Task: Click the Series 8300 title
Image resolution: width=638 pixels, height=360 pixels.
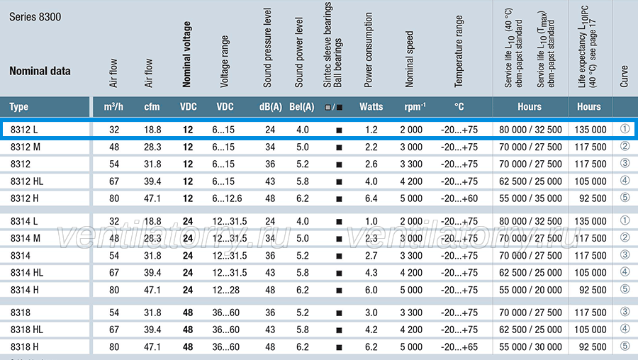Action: click(x=35, y=17)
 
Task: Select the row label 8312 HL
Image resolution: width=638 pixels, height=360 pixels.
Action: click(x=27, y=181)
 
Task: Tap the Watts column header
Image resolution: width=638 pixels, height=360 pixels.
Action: click(x=371, y=106)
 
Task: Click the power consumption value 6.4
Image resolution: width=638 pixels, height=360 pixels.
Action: click(x=371, y=198)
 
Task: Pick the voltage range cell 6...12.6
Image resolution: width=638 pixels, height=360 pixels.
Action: click(x=227, y=198)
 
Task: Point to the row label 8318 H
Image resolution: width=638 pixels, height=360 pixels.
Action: click(x=24, y=347)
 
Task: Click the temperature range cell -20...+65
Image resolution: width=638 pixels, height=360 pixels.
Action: click(x=459, y=347)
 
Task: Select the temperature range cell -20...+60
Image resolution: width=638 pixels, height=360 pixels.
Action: click(x=459, y=198)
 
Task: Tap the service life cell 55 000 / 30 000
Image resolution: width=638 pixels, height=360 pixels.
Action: click(x=530, y=347)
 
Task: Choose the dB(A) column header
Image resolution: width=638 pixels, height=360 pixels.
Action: click(x=271, y=106)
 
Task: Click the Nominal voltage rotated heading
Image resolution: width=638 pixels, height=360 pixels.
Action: click(x=186, y=55)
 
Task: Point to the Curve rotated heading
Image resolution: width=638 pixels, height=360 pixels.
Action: click(x=624, y=76)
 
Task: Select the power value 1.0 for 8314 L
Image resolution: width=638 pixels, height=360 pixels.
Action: click(x=371, y=221)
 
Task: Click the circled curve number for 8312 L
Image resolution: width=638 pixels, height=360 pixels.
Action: click(x=625, y=129)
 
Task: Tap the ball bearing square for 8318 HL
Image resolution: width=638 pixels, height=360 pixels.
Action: click(x=339, y=330)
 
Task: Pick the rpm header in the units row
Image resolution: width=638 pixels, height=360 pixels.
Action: click(x=415, y=106)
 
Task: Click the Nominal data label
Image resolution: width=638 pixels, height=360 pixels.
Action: click(x=40, y=71)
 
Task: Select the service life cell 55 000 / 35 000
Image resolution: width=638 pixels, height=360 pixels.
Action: click(x=530, y=198)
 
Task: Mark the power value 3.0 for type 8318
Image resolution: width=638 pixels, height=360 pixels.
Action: click(x=371, y=313)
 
